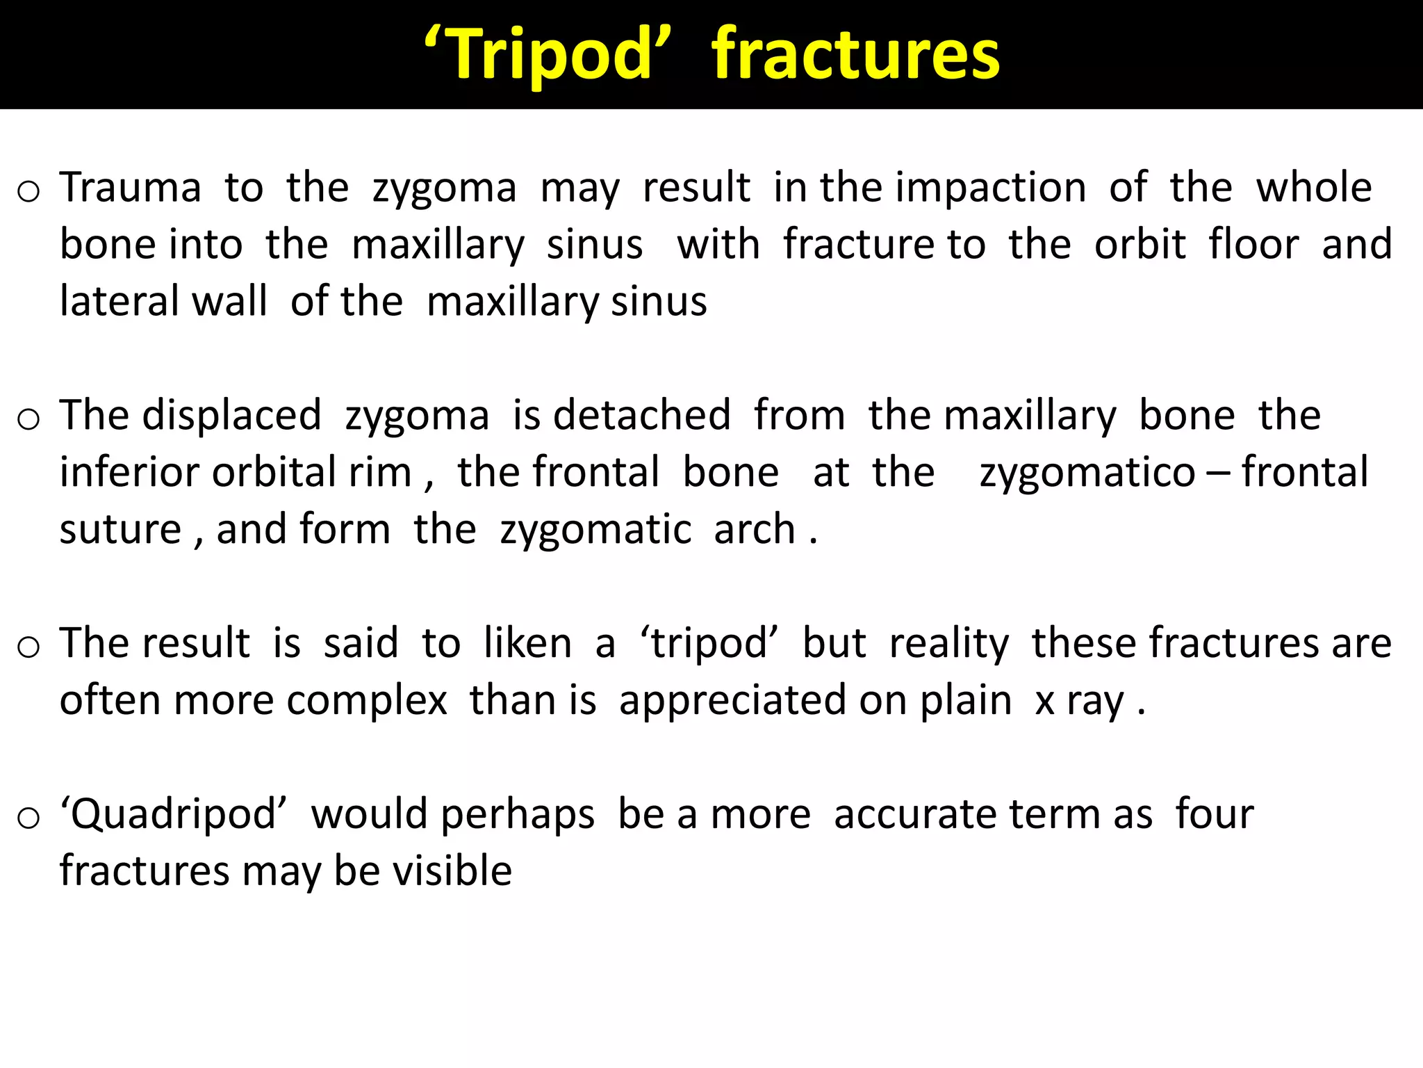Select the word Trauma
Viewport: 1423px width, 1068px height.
pyautogui.click(x=131, y=188)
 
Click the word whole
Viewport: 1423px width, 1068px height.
pyautogui.click(x=1314, y=188)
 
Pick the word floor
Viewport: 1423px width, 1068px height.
pyautogui.click(x=1253, y=245)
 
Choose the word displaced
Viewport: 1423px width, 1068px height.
pyautogui.click(x=233, y=416)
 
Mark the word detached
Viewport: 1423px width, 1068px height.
pyautogui.click(x=641, y=416)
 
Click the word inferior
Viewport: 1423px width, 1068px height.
pyautogui.click(x=131, y=473)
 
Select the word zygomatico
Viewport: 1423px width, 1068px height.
pyautogui.click(x=1087, y=473)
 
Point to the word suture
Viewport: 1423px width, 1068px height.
pyautogui.click(x=120, y=530)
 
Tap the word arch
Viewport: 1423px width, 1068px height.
pyautogui.click(x=755, y=530)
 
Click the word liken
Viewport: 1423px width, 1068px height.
pyautogui.click(x=527, y=643)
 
